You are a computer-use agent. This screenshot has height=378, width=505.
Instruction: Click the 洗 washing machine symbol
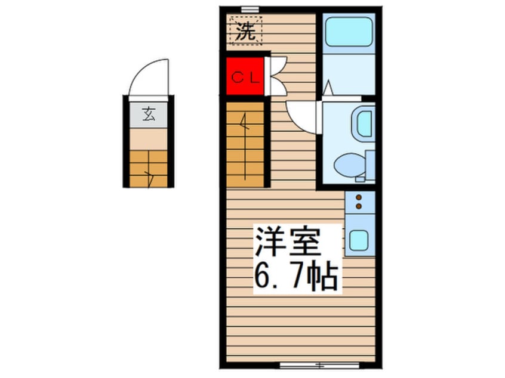point(245,33)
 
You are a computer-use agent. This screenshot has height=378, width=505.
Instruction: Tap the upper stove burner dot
point(359,197)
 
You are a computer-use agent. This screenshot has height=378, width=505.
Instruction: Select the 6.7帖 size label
point(296,275)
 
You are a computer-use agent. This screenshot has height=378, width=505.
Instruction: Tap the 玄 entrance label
point(149,114)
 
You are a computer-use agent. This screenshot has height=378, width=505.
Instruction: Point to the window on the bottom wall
point(319,364)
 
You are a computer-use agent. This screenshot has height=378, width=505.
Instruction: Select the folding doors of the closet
point(277,76)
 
